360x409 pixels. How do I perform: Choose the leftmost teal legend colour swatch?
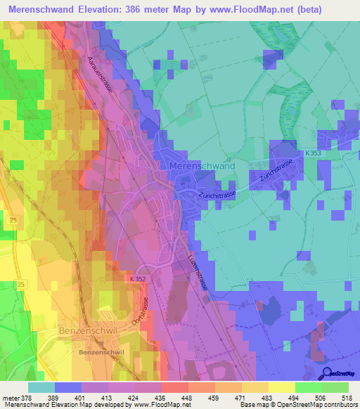(x=41, y=387)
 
